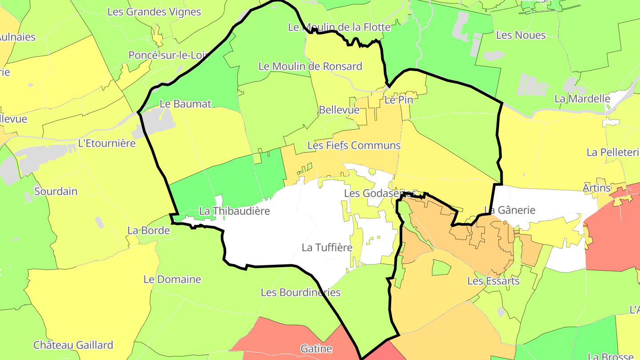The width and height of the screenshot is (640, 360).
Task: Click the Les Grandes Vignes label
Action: [154, 12]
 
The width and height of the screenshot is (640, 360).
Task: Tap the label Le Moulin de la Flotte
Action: [339, 27]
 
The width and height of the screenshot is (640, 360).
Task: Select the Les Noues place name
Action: [520, 35]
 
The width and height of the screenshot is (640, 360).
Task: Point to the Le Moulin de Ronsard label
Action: [310, 67]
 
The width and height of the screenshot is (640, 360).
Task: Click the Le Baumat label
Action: [185, 104]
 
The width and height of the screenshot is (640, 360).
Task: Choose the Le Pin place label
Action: [399, 100]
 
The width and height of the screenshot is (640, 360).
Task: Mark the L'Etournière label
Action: [107, 144]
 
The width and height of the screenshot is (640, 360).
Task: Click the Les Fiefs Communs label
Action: [354, 145]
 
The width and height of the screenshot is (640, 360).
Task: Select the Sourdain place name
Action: [56, 192]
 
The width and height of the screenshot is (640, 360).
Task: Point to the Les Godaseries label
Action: [380, 193]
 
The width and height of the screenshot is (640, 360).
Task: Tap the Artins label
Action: [596, 188]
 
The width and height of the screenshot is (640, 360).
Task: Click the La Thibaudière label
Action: [234, 211]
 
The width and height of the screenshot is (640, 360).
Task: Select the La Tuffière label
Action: [327, 248]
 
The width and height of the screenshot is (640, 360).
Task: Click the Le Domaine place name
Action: [172, 280]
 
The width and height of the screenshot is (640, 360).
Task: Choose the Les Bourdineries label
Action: [300, 292]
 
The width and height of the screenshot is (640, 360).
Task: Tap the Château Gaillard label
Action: [73, 345]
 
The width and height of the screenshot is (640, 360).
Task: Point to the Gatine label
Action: [316, 349]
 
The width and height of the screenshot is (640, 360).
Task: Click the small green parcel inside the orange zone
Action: [441, 268]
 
